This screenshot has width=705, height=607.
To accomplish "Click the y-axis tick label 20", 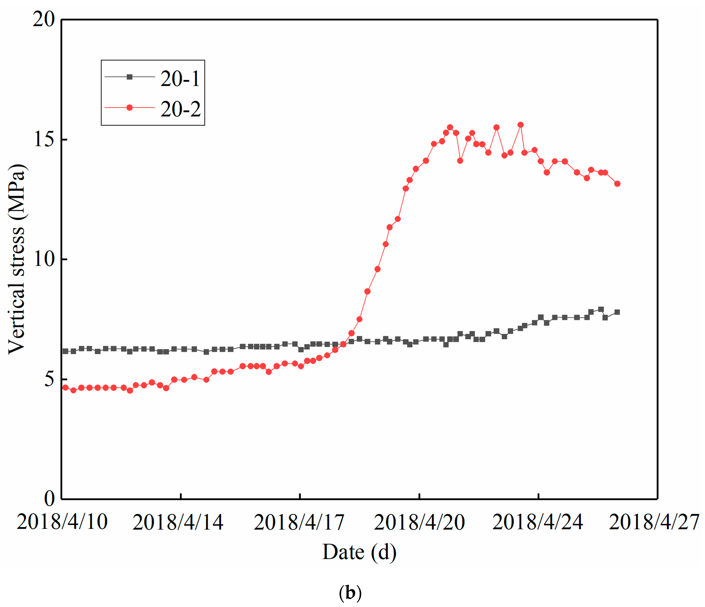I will (x=44, y=19).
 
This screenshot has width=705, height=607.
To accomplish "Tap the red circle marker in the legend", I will (x=130, y=108).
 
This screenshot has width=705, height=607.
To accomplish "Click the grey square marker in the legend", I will (x=130, y=77).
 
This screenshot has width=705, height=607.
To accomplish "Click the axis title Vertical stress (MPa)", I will (x=17, y=259).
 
